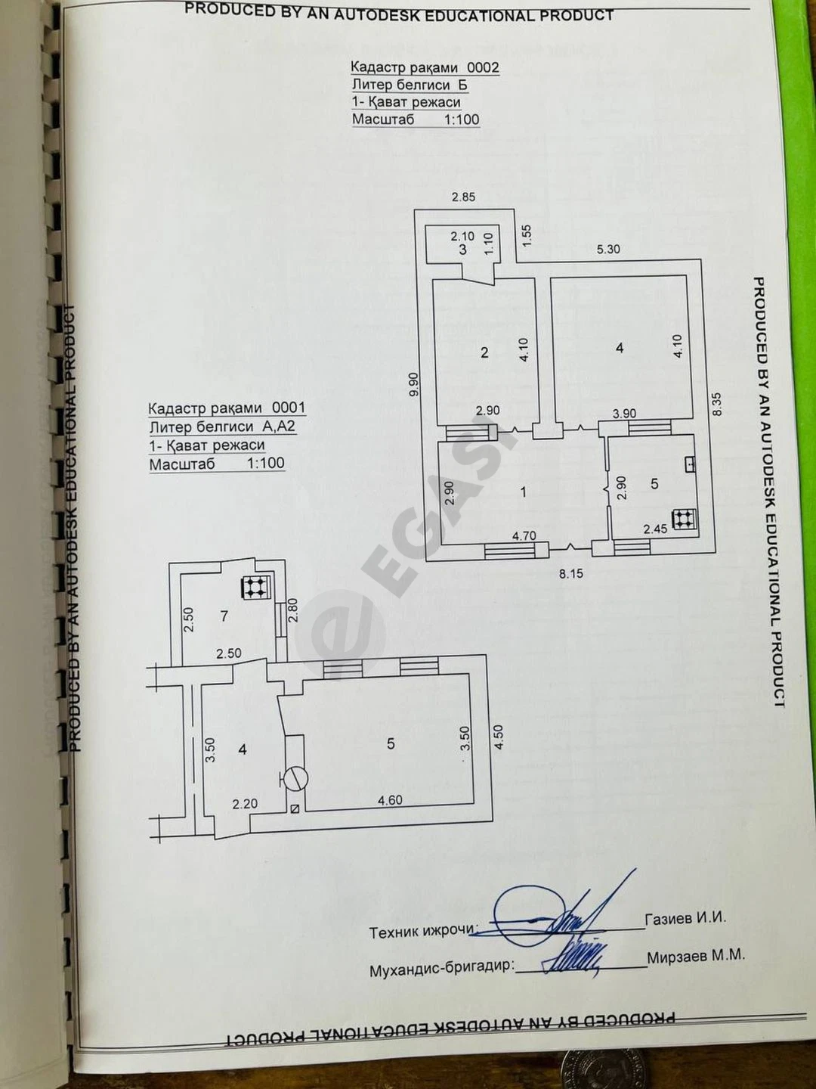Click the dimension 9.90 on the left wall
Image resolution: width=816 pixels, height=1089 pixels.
coord(415,384)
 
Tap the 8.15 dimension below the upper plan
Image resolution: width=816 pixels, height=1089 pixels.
coord(570,574)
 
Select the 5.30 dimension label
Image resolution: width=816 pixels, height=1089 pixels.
coord(608,249)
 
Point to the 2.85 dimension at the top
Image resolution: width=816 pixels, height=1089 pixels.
coord(463,197)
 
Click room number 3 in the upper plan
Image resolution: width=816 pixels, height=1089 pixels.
coord(462,250)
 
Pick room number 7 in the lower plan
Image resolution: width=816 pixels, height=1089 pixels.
coord(224,616)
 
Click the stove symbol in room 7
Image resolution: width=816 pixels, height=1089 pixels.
coord(255,587)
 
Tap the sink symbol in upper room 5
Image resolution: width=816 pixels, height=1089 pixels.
coord(689,464)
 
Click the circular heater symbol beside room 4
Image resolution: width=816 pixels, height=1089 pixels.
coord(295,778)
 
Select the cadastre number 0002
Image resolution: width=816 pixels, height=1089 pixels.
coord(483,67)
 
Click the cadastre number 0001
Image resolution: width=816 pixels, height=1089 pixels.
coord(289,408)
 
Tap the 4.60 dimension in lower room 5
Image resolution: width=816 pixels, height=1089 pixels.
coord(390,800)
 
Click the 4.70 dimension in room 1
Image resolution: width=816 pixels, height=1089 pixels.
coord(524,536)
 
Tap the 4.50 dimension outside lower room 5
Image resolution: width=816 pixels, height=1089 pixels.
coord(498,737)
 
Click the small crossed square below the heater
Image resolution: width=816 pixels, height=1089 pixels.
coord(295,809)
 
